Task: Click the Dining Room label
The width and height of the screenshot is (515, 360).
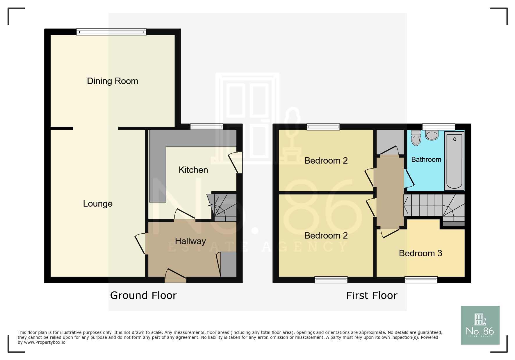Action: point(113,81)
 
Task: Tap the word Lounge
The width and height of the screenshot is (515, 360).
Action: point(98,204)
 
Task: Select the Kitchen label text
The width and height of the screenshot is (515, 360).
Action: point(193,170)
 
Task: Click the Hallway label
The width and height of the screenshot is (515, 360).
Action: point(190,241)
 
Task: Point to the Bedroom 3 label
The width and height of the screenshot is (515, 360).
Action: point(420,253)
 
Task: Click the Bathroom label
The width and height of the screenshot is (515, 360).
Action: point(426,160)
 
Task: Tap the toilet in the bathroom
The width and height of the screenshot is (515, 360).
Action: point(416,138)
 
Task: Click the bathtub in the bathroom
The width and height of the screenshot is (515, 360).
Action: point(454,160)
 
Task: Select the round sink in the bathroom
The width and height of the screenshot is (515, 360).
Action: point(432,135)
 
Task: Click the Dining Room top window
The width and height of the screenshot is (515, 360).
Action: point(111,32)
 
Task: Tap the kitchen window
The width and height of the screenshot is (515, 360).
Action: point(207,127)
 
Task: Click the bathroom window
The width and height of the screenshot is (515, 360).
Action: point(439,127)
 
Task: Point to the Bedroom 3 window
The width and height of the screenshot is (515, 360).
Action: point(421,280)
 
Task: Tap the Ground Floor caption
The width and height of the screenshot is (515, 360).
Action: point(143,295)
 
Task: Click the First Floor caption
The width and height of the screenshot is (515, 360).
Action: point(372,295)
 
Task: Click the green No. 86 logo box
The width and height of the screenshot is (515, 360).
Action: point(480,325)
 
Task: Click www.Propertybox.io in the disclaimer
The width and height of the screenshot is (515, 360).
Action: point(45,342)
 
